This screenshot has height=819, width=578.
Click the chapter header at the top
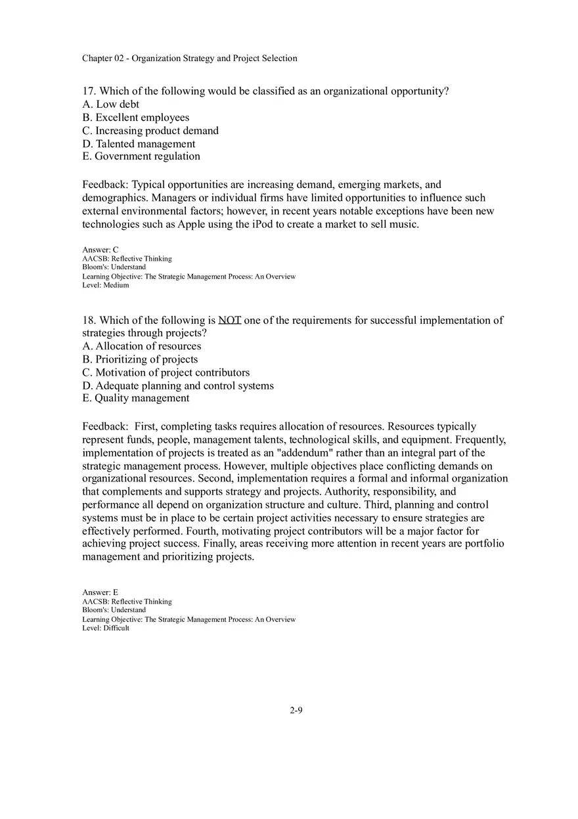189,58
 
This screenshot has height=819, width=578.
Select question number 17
89,91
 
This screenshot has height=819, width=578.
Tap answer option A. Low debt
110,104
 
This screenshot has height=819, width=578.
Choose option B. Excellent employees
135,118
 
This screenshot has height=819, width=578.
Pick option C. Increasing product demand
150,131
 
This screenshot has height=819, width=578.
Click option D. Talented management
139,144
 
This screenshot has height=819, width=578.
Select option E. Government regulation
141,156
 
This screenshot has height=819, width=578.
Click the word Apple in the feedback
192,224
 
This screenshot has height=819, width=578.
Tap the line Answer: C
100,250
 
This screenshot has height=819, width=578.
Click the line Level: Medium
106,286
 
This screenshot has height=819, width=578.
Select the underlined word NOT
230,321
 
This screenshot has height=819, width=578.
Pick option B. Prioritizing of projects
140,359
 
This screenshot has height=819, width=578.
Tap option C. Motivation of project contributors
166,372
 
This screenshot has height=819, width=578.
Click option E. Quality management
135,398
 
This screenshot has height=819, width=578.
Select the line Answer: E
100,592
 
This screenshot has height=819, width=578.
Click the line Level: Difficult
106,628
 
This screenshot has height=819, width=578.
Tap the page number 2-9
296,710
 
